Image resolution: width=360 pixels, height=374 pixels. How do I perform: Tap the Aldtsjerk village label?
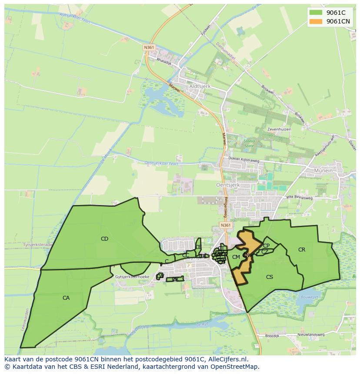coord(200,86)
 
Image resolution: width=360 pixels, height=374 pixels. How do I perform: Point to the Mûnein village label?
coord(322,171)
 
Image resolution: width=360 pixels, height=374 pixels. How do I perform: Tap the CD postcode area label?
coord(104,239)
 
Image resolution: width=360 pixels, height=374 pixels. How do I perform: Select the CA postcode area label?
coord(66,298)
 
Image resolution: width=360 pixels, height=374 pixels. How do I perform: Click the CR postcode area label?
coord(302,250)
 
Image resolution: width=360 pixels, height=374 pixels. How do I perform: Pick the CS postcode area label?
coord(270,277)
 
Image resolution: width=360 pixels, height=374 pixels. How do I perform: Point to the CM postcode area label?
coord(236,257)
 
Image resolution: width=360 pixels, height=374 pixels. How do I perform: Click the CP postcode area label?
coord(267,246)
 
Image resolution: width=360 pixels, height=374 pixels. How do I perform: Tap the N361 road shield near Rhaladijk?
coord(149,47)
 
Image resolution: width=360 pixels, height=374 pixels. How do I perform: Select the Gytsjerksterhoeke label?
coord(133,277)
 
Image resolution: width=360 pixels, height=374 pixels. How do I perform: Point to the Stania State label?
coord(249,143)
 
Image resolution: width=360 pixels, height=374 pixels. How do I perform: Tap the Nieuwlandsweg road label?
coord(311,335)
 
